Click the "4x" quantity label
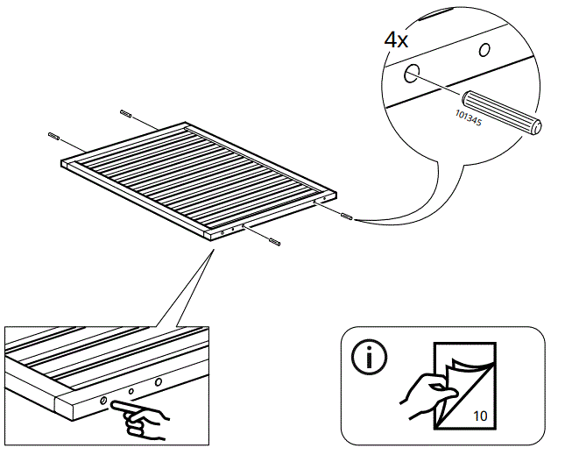(x=397, y=40)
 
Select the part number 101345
(x=468, y=117)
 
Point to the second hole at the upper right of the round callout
(x=483, y=50)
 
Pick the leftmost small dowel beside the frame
(x=53, y=136)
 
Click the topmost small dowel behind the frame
(x=124, y=114)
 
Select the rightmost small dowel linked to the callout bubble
(x=347, y=216)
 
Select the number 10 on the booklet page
(x=480, y=416)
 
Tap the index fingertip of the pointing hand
(x=115, y=407)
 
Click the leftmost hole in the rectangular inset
(x=104, y=400)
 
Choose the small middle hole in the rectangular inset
(x=131, y=392)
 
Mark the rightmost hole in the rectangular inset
(x=159, y=382)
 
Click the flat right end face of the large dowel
(x=536, y=127)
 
